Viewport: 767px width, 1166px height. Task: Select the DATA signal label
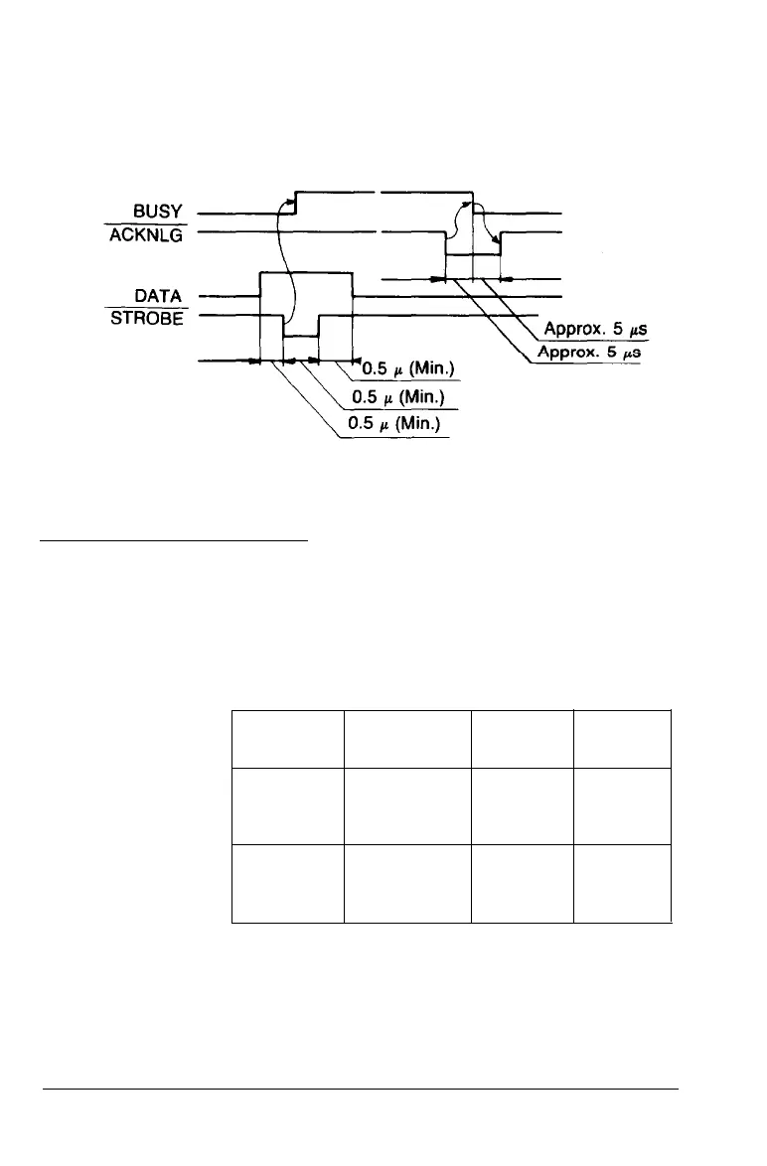pyautogui.click(x=162, y=295)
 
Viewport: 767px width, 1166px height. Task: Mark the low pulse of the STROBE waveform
pyautogui.click(x=301, y=338)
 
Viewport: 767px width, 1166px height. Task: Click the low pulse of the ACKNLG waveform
pyautogui.click(x=472, y=254)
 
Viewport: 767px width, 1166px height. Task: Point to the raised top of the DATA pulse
pyautogui.click(x=306, y=271)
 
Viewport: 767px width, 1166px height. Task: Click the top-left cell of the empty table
pyautogui.click(x=287, y=739)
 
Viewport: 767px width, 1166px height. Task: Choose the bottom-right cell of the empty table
pyautogui.click(x=622, y=884)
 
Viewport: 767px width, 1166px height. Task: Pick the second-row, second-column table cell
pyautogui.click(x=408, y=806)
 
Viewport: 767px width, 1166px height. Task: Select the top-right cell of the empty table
pyautogui.click(x=622, y=739)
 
